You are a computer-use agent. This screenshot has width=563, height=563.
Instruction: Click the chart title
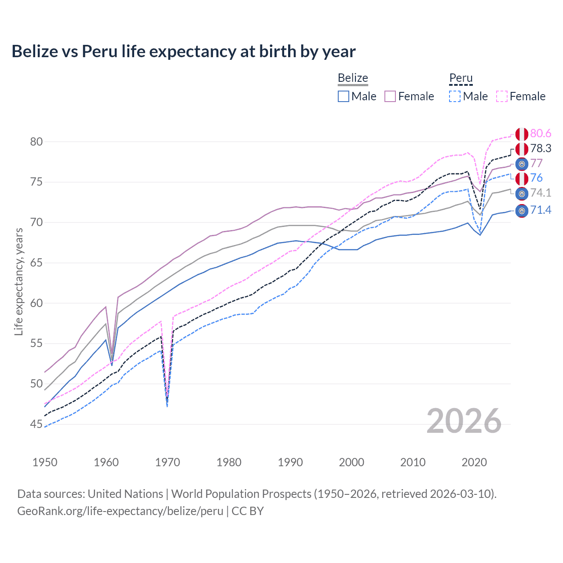(x=183, y=51)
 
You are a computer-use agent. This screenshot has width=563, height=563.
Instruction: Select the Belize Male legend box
(x=344, y=96)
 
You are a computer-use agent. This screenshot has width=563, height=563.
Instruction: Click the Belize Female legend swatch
(x=390, y=96)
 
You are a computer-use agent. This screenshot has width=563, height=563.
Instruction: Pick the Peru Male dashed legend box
(x=455, y=96)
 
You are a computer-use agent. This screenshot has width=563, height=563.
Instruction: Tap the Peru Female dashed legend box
(x=502, y=96)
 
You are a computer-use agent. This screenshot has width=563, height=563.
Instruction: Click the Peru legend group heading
(x=461, y=78)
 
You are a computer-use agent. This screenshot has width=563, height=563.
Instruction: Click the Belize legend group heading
(x=353, y=78)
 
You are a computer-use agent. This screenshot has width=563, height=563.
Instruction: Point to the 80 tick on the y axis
(x=37, y=142)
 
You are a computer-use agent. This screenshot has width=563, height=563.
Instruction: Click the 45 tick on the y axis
(x=37, y=424)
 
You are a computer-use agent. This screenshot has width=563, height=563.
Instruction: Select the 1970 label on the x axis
(x=168, y=462)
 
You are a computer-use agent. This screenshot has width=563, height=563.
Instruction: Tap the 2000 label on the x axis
(x=351, y=462)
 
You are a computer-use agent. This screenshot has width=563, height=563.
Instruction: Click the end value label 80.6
(x=541, y=134)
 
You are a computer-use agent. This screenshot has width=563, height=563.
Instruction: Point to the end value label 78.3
(x=541, y=149)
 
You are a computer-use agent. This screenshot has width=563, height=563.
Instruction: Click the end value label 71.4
(x=541, y=210)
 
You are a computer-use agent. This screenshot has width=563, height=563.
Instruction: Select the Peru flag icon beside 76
(x=522, y=179)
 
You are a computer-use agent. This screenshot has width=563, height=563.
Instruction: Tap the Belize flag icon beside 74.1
(x=522, y=194)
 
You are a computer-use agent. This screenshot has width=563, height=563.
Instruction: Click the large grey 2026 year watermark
(x=464, y=421)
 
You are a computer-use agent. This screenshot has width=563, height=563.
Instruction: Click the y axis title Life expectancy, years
(x=19, y=281)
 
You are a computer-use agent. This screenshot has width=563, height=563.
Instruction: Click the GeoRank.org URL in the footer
(x=120, y=511)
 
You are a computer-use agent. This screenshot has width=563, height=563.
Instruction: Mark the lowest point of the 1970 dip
(x=167, y=406)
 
